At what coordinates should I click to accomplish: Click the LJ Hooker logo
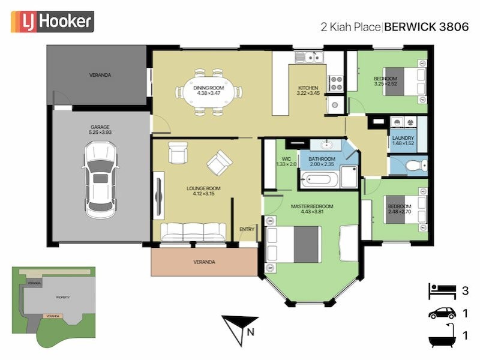coord(52,22)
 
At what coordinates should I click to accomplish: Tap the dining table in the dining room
coord(208,93)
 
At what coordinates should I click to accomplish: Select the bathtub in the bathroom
coord(319,178)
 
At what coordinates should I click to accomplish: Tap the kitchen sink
coord(310,58)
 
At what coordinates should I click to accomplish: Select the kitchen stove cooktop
coord(336,82)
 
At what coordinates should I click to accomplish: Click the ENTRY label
coord(247,229)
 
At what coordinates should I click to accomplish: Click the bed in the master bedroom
coord(293,245)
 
